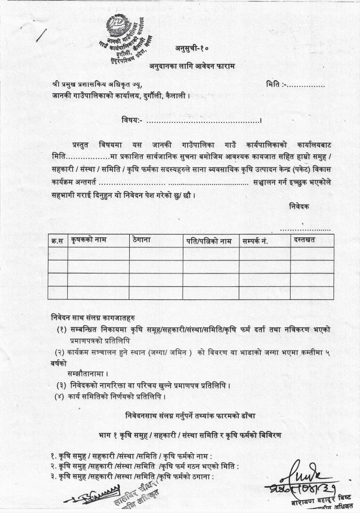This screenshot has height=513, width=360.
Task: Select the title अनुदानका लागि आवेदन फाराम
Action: pyautogui.click(x=192, y=67)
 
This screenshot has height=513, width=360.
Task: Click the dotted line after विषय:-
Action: pyautogui.click(x=203, y=120)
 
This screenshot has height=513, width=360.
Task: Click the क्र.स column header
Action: pyautogui.click(x=57, y=241)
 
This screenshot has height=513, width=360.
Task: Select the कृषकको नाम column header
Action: pyautogui.click(x=89, y=240)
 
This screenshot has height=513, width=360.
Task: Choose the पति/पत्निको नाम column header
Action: pyautogui.click(x=209, y=241)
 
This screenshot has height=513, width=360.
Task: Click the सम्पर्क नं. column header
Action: pyautogui.click(x=254, y=241)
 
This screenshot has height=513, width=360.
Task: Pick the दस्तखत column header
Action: pyautogui.click(x=304, y=240)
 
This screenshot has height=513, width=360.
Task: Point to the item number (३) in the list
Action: pyautogui.click(x=61, y=386)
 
